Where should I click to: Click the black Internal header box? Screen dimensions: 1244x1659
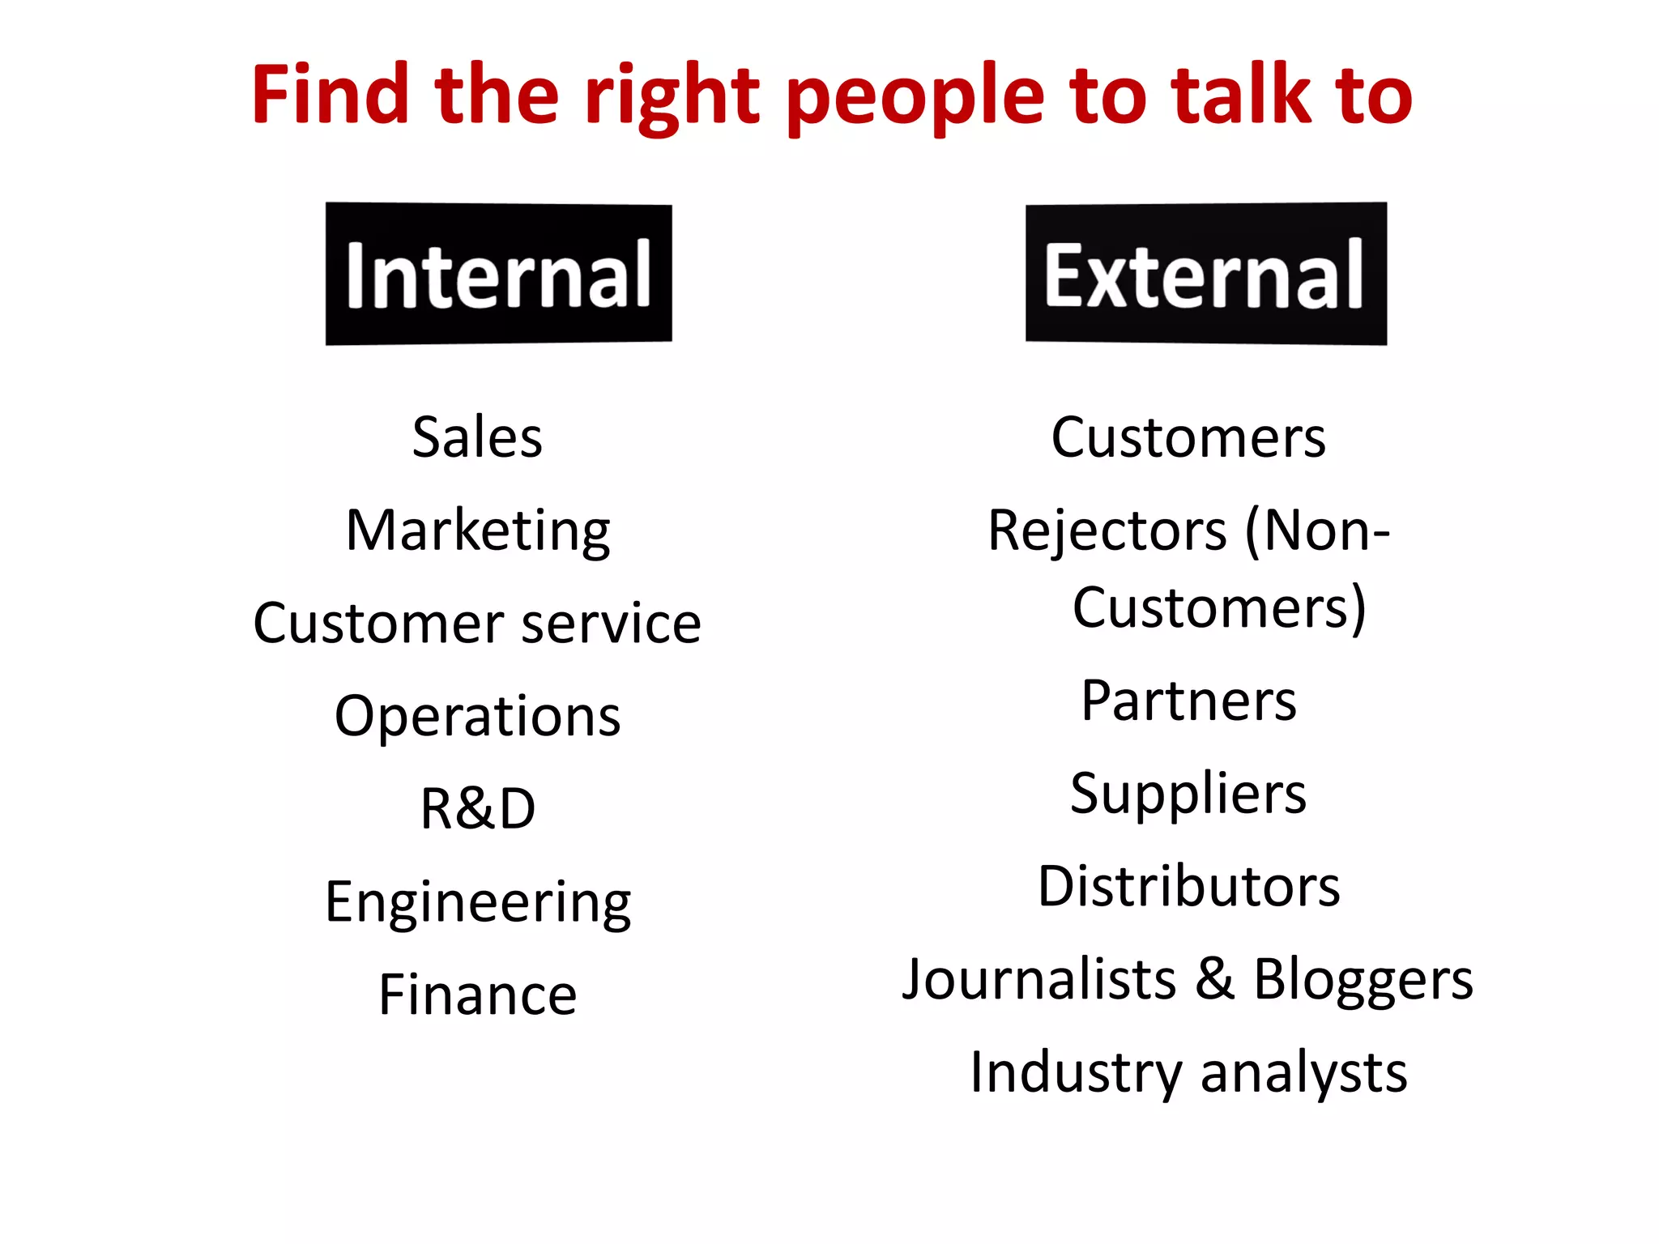(x=498, y=274)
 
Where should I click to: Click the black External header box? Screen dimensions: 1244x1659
(x=1205, y=274)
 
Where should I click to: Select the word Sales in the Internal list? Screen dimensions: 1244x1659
(x=477, y=437)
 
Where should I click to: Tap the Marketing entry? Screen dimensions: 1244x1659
(x=478, y=531)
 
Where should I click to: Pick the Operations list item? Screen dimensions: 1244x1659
(x=477, y=717)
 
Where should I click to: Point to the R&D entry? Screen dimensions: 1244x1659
(x=478, y=809)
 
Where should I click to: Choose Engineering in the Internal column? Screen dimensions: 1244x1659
(x=478, y=903)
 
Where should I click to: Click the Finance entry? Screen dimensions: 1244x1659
(x=478, y=995)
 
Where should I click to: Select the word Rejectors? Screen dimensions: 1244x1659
(x=1107, y=531)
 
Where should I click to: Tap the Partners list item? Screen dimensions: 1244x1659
(x=1188, y=701)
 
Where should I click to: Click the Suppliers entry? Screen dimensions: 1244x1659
(x=1188, y=794)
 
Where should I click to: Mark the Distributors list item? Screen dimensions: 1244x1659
(x=1188, y=886)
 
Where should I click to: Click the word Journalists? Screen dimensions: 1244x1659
(x=1038, y=979)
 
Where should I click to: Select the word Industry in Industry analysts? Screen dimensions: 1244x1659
(x=1077, y=1074)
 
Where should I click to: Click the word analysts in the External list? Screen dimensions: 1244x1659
(x=1303, y=1074)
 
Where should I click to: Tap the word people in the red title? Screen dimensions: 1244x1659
(x=915, y=97)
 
